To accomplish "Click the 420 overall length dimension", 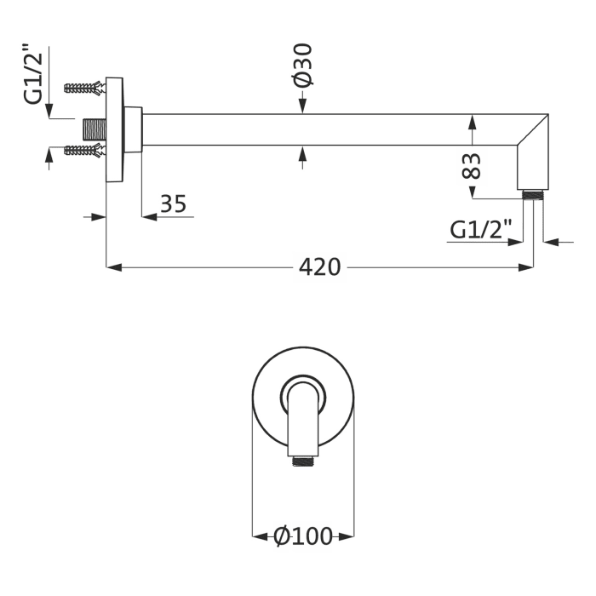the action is [x=319, y=267].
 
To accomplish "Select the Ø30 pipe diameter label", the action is [x=303, y=65].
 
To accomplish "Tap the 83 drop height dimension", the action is [x=472, y=166].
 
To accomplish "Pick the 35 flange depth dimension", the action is [x=174, y=203].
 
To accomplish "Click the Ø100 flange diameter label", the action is [x=303, y=536].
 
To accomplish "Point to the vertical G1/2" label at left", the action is [x=32, y=74].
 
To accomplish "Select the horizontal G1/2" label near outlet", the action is [x=481, y=230].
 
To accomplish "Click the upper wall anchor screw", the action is [x=84, y=89].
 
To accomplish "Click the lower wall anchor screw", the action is [x=84, y=150].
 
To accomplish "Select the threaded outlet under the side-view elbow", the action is [x=533, y=194].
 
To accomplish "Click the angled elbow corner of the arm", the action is [x=533, y=129].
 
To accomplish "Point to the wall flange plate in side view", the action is [x=114, y=130].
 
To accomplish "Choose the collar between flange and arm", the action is [x=133, y=129].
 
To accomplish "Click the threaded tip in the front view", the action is [x=303, y=461].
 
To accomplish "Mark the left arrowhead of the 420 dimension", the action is [x=113, y=267].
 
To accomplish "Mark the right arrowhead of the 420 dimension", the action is [x=525, y=267].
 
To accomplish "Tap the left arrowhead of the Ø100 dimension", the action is [x=261, y=536].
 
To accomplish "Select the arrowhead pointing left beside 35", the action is [x=150, y=217].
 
